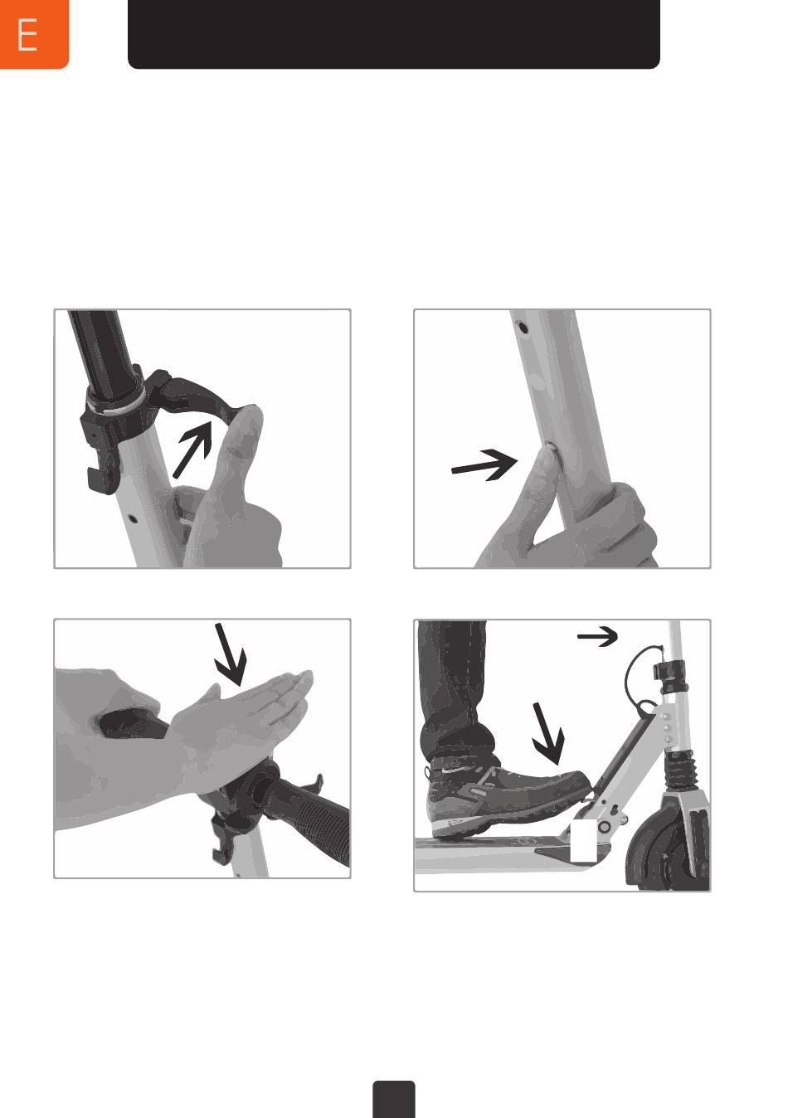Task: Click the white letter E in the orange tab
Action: pyautogui.click(x=27, y=34)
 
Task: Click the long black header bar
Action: pyautogui.click(x=394, y=34)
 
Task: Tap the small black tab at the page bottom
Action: pyautogui.click(x=394, y=1100)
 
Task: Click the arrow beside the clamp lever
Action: pyautogui.click(x=192, y=448)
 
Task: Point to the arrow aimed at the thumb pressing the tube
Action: pyautogui.click(x=484, y=464)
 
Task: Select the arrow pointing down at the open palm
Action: pyautogui.click(x=230, y=654)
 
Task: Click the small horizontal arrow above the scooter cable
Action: pyautogui.click(x=597, y=636)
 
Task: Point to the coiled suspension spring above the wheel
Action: pyautogui.click(x=678, y=768)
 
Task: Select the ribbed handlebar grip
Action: pyautogui.click(x=310, y=819)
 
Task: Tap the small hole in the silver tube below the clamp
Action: pyautogui.click(x=133, y=518)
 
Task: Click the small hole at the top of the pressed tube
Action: pyautogui.click(x=523, y=328)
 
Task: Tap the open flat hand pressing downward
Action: pyautogui.click(x=240, y=719)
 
